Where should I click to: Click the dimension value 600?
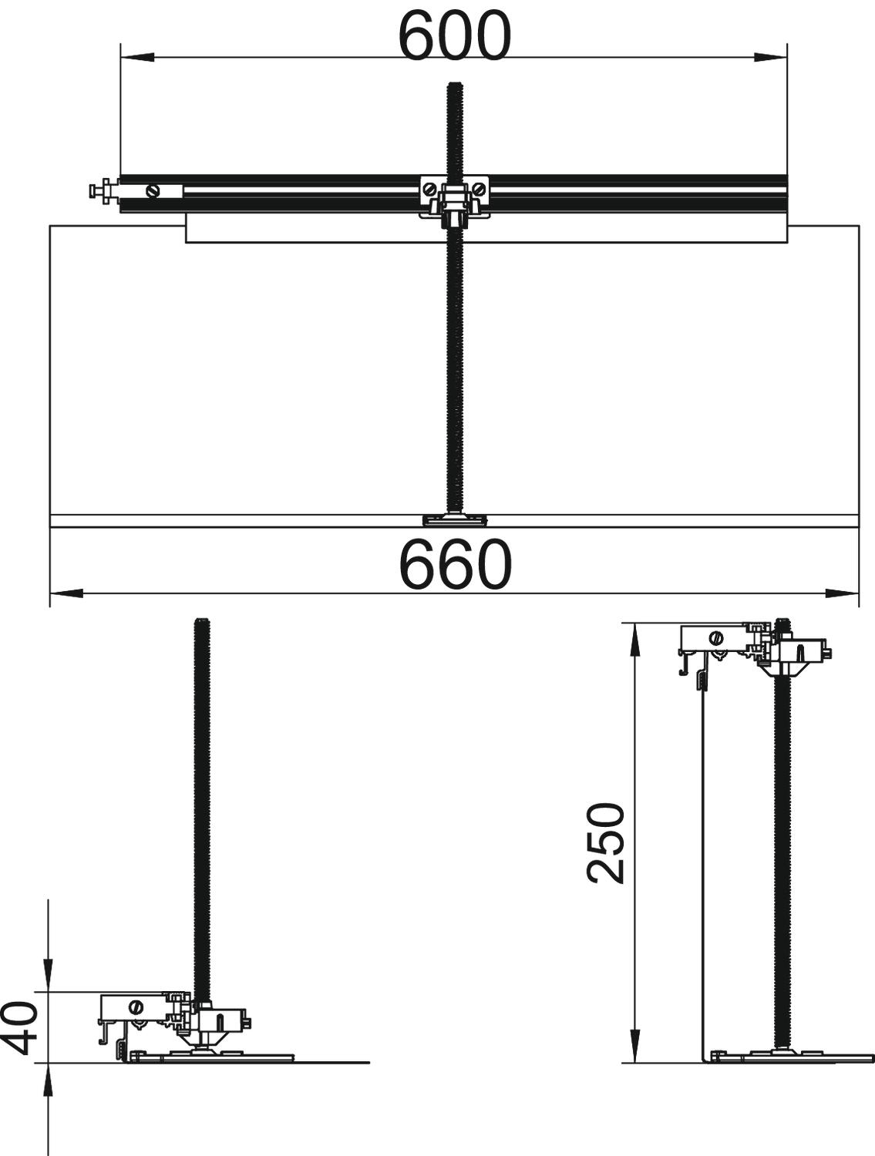click(456, 35)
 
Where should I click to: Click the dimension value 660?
click(456, 564)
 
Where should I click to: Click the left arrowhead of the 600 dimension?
click(137, 56)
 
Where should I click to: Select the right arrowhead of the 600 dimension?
click(771, 56)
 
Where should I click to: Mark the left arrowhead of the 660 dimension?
click(66, 593)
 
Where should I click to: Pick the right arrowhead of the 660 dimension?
click(843, 593)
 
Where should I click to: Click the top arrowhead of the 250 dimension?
click(636, 640)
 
